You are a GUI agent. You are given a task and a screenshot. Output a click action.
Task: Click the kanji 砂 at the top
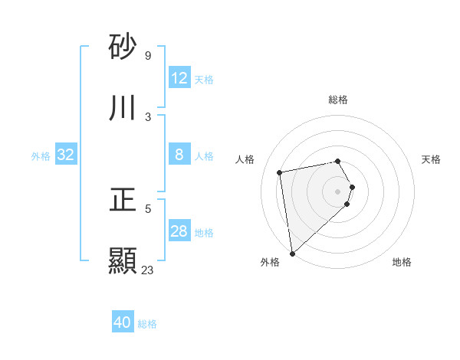click(x=123, y=47)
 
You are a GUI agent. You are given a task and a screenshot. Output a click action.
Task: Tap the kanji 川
click(x=123, y=109)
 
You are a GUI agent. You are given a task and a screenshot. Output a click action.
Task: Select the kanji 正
click(x=123, y=201)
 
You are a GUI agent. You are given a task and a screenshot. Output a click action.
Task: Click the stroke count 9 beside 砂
click(x=147, y=56)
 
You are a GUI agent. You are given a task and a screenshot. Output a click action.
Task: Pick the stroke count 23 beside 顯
click(x=147, y=270)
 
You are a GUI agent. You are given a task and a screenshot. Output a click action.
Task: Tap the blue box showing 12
click(x=179, y=78)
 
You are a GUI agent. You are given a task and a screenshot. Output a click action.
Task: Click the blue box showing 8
click(x=179, y=155)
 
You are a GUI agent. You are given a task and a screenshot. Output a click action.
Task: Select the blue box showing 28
click(x=179, y=231)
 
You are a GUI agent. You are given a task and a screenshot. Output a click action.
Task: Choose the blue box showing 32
click(x=66, y=155)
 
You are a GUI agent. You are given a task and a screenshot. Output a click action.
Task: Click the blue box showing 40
click(x=123, y=323)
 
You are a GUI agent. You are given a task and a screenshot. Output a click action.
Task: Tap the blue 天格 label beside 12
click(x=204, y=80)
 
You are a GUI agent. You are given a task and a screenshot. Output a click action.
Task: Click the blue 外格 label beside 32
click(x=41, y=156)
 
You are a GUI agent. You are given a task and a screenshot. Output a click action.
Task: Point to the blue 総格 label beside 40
click(x=147, y=325)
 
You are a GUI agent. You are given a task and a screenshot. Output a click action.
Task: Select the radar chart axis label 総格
click(x=338, y=100)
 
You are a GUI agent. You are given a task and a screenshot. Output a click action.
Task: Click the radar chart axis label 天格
click(x=432, y=159)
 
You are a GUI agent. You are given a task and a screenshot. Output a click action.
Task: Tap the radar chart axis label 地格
click(x=402, y=262)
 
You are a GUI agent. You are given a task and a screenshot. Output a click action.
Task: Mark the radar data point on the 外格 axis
click(x=292, y=253)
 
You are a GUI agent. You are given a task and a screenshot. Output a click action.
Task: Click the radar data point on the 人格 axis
click(x=280, y=172)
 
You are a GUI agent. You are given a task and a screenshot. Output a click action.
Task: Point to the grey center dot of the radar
click(x=338, y=191)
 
